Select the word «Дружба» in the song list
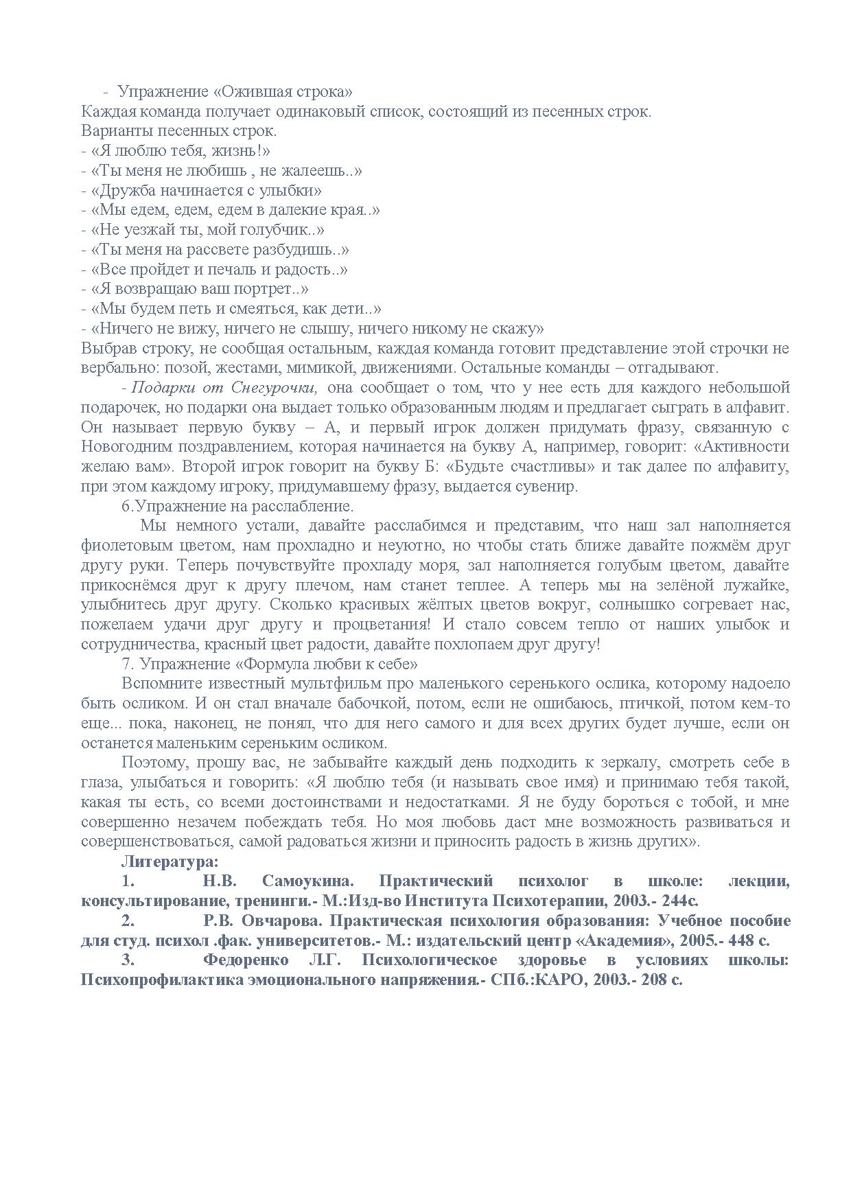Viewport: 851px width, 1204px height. [126, 190]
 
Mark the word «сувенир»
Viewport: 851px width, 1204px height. [548, 487]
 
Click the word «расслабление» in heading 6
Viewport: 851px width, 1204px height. [303, 507]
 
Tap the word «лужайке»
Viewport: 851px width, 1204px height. [757, 586]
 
